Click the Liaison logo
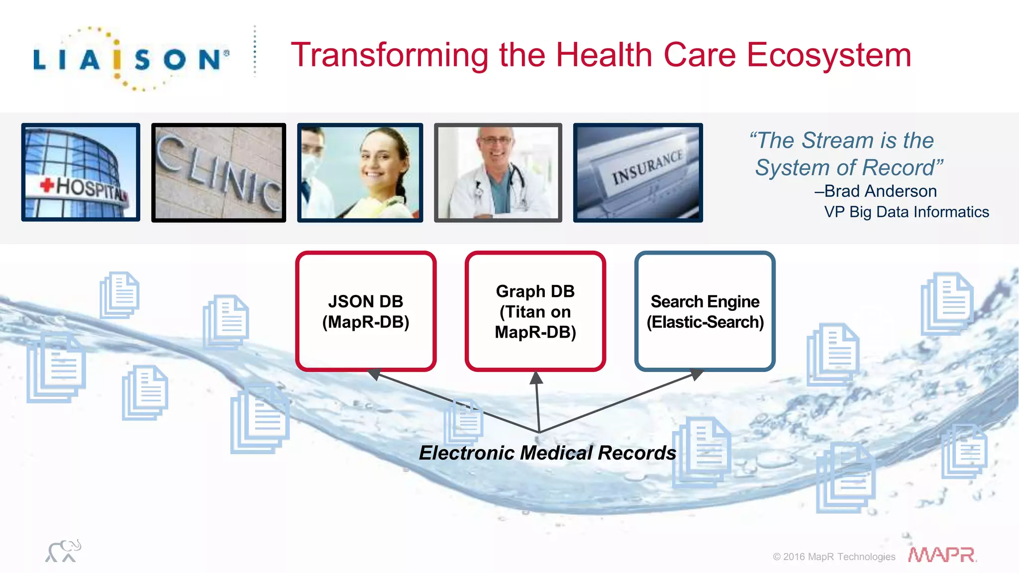pyautogui.click(x=131, y=59)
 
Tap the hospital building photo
pyautogui.click(x=81, y=172)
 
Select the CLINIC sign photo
pyautogui.click(x=218, y=172)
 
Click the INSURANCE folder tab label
pyautogui.click(x=647, y=167)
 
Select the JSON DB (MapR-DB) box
pyautogui.click(x=366, y=311)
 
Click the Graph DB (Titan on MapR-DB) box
pyautogui.click(x=535, y=311)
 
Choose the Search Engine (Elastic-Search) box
pyautogui.click(x=705, y=311)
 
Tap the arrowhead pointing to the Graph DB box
pyautogui.click(x=536, y=378)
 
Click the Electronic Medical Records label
pyautogui.click(x=547, y=453)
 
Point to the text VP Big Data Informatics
pyautogui.click(x=906, y=212)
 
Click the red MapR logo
pyautogui.click(x=941, y=555)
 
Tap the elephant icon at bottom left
pyautogui.click(x=63, y=551)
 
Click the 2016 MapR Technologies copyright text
pyautogui.click(x=834, y=557)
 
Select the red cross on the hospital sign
pyautogui.click(x=47, y=185)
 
